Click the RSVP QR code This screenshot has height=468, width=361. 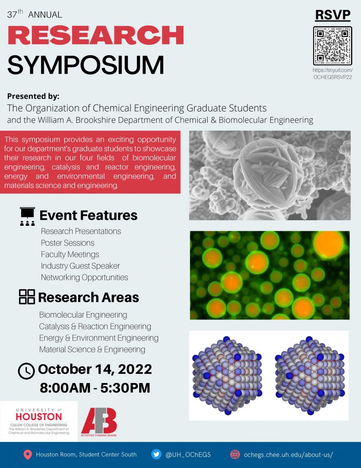[332, 46]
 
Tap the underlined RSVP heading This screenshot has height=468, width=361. [333, 15]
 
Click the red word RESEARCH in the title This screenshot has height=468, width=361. [96, 35]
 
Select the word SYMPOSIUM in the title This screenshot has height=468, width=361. [86, 65]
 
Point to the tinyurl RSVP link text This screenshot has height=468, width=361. [333, 74]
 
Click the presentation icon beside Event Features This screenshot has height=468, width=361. [27, 216]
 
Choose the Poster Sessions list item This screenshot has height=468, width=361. [68, 243]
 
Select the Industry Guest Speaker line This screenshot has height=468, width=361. [80, 266]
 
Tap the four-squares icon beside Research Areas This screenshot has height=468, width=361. [27, 297]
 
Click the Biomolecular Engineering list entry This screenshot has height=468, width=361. [83, 315]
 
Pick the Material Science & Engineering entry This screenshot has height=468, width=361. [92, 350]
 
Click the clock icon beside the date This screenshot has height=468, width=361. [26, 371]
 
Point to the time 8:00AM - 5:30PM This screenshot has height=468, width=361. [95, 388]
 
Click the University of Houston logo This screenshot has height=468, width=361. [39, 421]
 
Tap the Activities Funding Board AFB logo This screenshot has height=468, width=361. [99, 422]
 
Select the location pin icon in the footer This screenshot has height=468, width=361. [28, 455]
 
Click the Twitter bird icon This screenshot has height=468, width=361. [156, 454]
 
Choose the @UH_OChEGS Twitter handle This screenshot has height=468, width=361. [188, 455]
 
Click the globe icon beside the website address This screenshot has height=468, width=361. [235, 454]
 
